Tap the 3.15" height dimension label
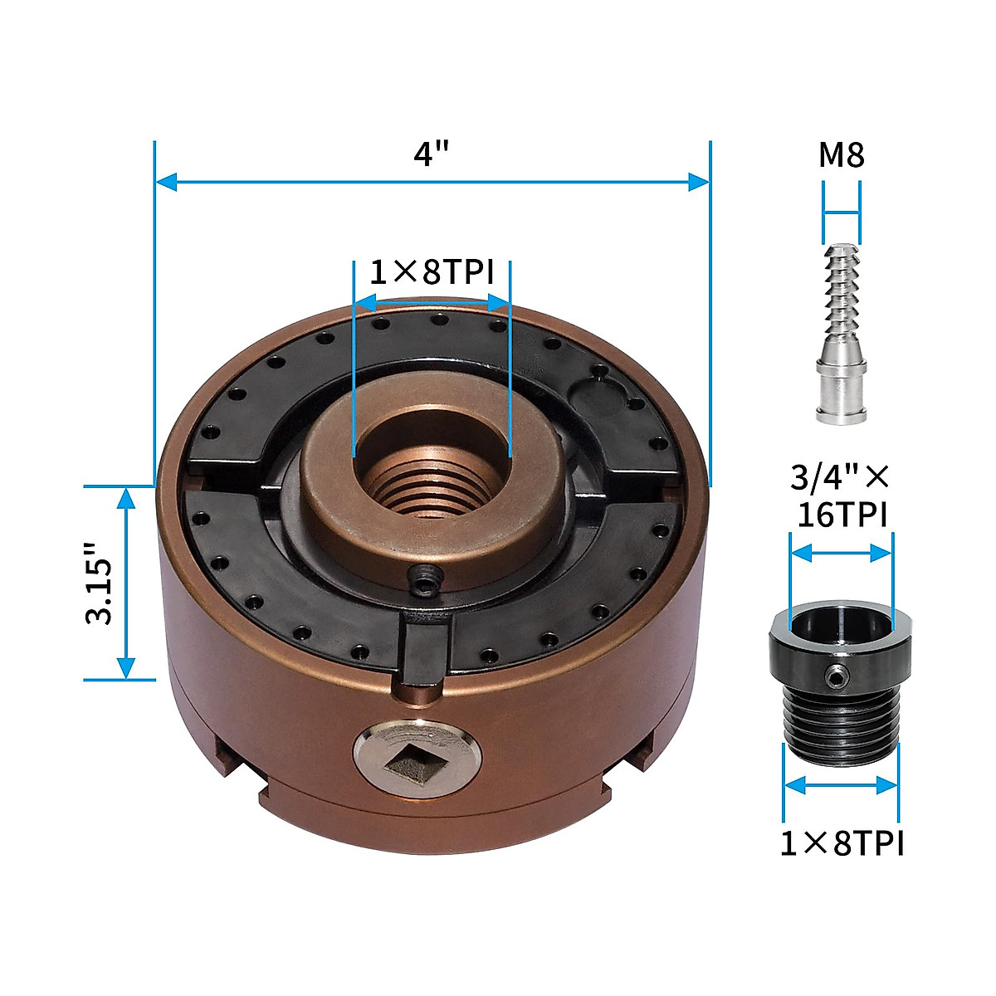click(102, 583)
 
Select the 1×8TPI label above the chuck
click(431, 271)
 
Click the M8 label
click(842, 155)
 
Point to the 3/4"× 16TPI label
click(841, 496)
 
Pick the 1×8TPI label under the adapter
click(841, 843)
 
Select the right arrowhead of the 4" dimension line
click(700, 182)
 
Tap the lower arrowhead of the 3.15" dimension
click(126, 668)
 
